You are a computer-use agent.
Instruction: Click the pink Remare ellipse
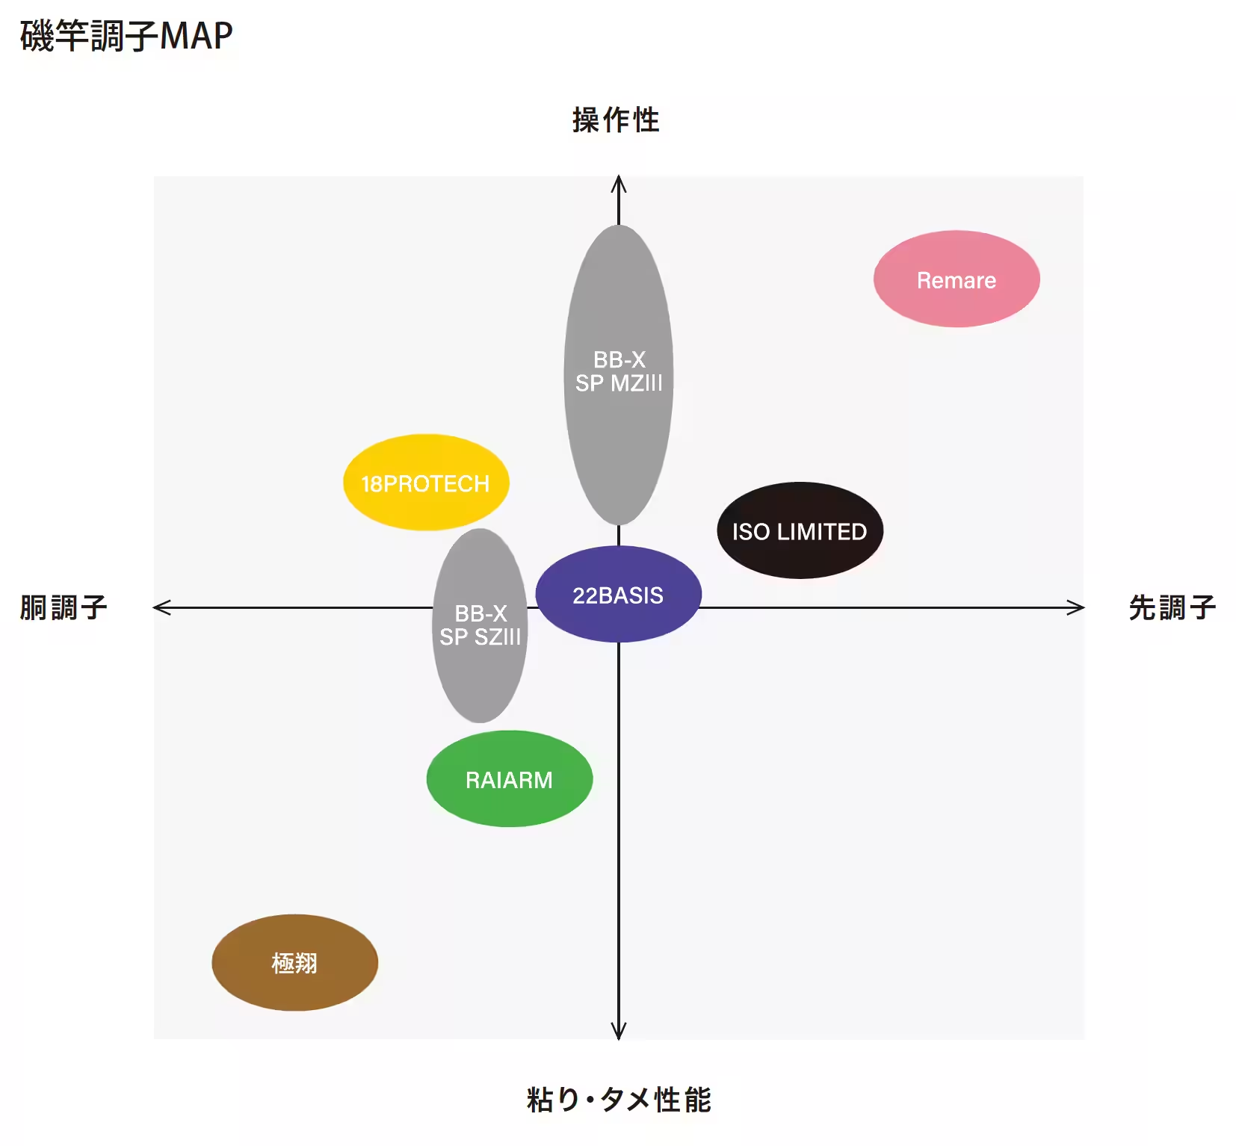point(957,279)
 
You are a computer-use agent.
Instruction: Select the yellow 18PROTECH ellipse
point(426,483)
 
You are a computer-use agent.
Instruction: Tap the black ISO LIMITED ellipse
point(800,530)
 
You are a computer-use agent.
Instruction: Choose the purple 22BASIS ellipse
point(619,595)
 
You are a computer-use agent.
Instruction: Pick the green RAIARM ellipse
point(510,779)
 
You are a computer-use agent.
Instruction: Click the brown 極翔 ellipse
point(294,962)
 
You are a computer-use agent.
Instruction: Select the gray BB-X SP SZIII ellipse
point(480,626)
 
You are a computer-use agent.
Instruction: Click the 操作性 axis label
point(616,120)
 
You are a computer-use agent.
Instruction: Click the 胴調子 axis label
point(64,607)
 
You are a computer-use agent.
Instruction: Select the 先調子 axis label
point(1172,607)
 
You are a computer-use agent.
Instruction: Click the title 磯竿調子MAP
point(126,36)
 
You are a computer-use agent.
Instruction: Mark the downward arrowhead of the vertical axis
point(619,1033)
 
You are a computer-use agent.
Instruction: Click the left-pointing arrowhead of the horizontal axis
point(160,607)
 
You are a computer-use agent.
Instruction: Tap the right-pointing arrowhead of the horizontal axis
point(1078,607)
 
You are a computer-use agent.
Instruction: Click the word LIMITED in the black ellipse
point(822,531)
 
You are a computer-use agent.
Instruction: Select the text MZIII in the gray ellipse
point(637,383)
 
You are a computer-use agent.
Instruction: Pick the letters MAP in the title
point(197,36)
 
